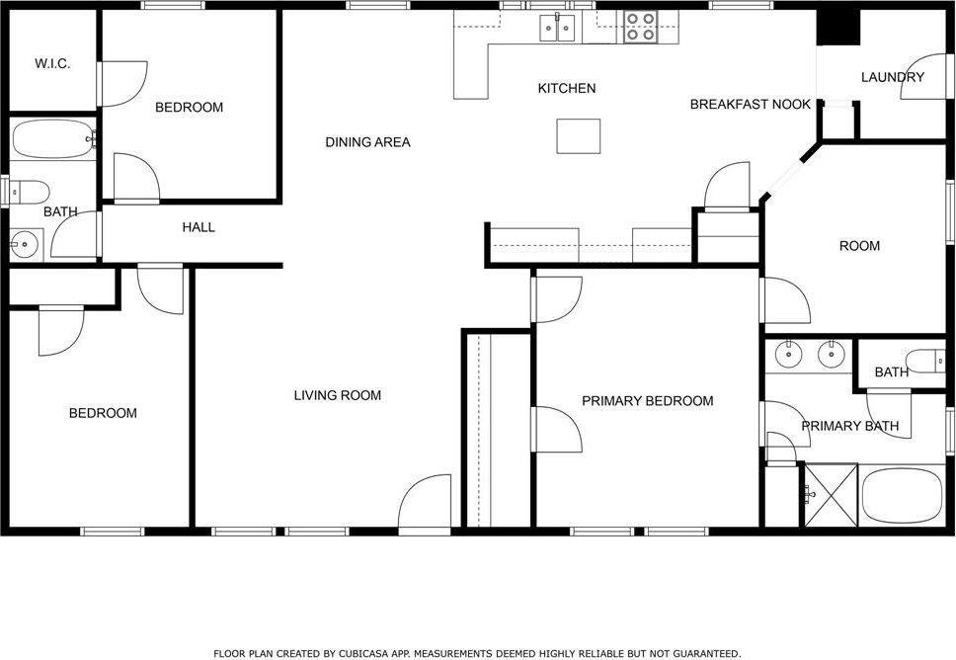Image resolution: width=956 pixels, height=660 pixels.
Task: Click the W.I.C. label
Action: [x=51, y=63]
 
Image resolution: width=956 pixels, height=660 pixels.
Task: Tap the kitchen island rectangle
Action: [x=579, y=135]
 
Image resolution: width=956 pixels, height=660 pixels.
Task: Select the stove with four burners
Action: [x=640, y=27]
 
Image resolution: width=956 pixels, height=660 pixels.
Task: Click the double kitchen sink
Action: [x=558, y=28]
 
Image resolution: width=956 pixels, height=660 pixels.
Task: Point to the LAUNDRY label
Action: [x=893, y=77]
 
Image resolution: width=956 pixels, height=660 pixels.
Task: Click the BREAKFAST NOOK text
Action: [x=751, y=104]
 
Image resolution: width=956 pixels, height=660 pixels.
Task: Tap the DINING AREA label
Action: [x=367, y=142]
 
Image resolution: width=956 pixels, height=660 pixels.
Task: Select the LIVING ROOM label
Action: [x=337, y=395]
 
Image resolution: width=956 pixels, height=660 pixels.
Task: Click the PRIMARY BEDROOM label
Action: [x=647, y=401]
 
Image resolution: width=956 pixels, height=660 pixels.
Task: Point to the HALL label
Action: [x=199, y=227]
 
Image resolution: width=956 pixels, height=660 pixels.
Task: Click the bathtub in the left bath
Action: [x=52, y=140]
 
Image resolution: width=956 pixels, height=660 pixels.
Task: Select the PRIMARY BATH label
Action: [x=849, y=427]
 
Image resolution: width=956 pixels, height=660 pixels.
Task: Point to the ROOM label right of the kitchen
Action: [x=859, y=246]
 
